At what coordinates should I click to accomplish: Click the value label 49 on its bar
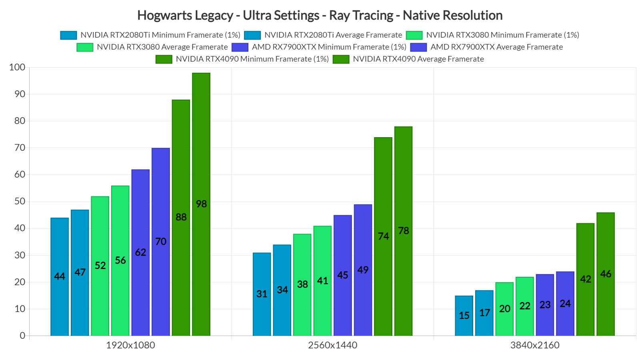coord(363,270)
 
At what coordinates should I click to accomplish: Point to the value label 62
coord(140,252)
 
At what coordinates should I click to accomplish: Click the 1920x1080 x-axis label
coord(130,345)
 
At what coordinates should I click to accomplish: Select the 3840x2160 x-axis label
coord(535,345)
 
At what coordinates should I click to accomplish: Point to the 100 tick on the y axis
coord(17,67)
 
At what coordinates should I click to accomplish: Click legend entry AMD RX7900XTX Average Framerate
coord(496,47)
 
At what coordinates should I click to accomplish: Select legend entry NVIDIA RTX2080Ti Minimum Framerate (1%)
coord(160,35)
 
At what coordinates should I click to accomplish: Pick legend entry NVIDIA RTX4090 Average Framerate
coord(418,59)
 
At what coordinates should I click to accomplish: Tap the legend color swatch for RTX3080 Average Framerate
coord(85,47)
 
